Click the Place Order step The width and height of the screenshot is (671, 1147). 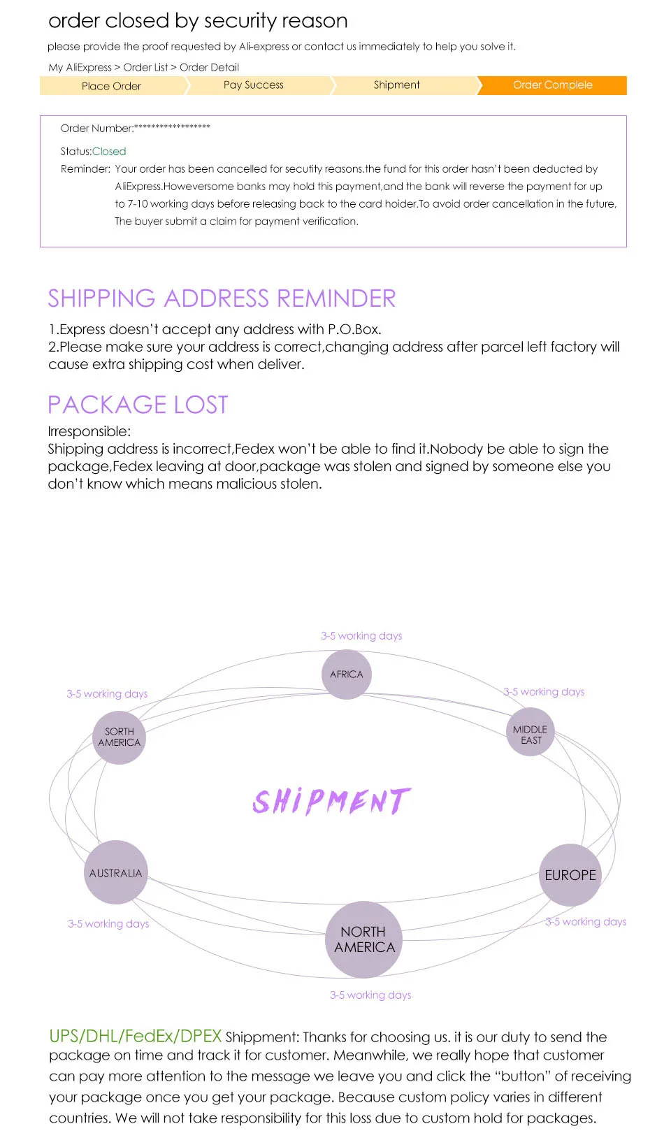tap(111, 86)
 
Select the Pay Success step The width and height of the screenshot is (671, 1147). tap(254, 85)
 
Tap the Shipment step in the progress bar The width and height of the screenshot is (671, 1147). tap(396, 85)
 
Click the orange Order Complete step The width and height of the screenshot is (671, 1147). tap(553, 85)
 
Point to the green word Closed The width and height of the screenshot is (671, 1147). tap(109, 152)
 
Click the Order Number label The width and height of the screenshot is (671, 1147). tap(97, 129)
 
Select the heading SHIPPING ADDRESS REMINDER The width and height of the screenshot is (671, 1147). tap(222, 298)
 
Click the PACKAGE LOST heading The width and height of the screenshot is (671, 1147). tap(138, 405)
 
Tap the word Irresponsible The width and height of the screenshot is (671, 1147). tap(89, 431)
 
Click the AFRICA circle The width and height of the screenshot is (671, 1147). tap(347, 675)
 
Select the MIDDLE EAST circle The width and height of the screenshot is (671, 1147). tap(530, 732)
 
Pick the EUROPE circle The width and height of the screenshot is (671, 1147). tap(570, 875)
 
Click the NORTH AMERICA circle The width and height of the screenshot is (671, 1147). tap(363, 939)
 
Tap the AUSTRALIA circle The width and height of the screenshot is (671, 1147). tap(116, 872)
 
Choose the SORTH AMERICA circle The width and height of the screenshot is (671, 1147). tap(119, 737)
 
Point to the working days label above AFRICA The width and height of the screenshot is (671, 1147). tap(361, 636)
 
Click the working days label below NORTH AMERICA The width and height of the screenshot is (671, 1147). tap(370, 995)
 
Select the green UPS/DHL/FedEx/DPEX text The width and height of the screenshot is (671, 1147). tap(135, 1037)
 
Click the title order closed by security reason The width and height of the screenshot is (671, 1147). tap(198, 21)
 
